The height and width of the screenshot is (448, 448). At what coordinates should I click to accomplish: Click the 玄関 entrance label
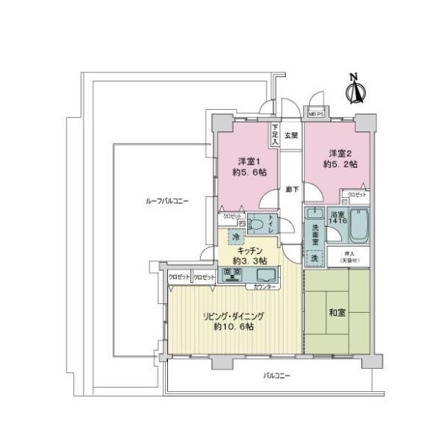coord(291,136)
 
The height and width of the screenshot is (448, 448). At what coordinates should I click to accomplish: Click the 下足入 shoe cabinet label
coord(275,134)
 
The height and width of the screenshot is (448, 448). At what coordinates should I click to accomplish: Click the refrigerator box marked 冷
coord(235,236)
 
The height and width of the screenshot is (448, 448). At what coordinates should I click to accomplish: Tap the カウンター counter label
coord(264,287)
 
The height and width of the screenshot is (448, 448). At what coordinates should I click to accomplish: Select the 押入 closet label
coord(349,255)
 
